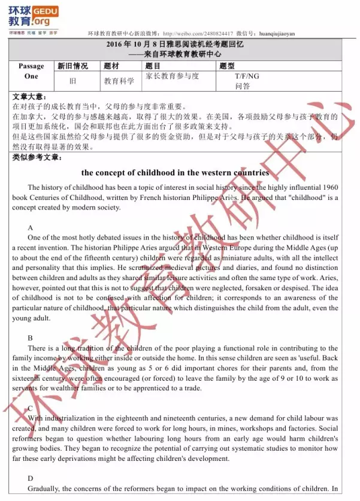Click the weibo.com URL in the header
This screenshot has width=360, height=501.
pos(191,34)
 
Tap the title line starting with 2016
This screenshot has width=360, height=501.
pos(175,45)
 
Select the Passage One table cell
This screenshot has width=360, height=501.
pos(31,71)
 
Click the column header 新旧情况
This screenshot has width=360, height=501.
pos(72,66)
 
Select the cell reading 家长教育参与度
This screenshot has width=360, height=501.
pos(172,76)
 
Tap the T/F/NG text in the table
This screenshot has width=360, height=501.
pos(247,76)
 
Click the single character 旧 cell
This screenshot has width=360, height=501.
pos(72,81)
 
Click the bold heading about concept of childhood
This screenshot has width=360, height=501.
pos(175,172)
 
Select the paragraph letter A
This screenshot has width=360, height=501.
pos(31,227)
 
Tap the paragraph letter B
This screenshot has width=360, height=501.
pos(31,338)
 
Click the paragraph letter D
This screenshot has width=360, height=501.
pos(31,478)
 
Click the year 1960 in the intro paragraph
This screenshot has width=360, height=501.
pos(328,187)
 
